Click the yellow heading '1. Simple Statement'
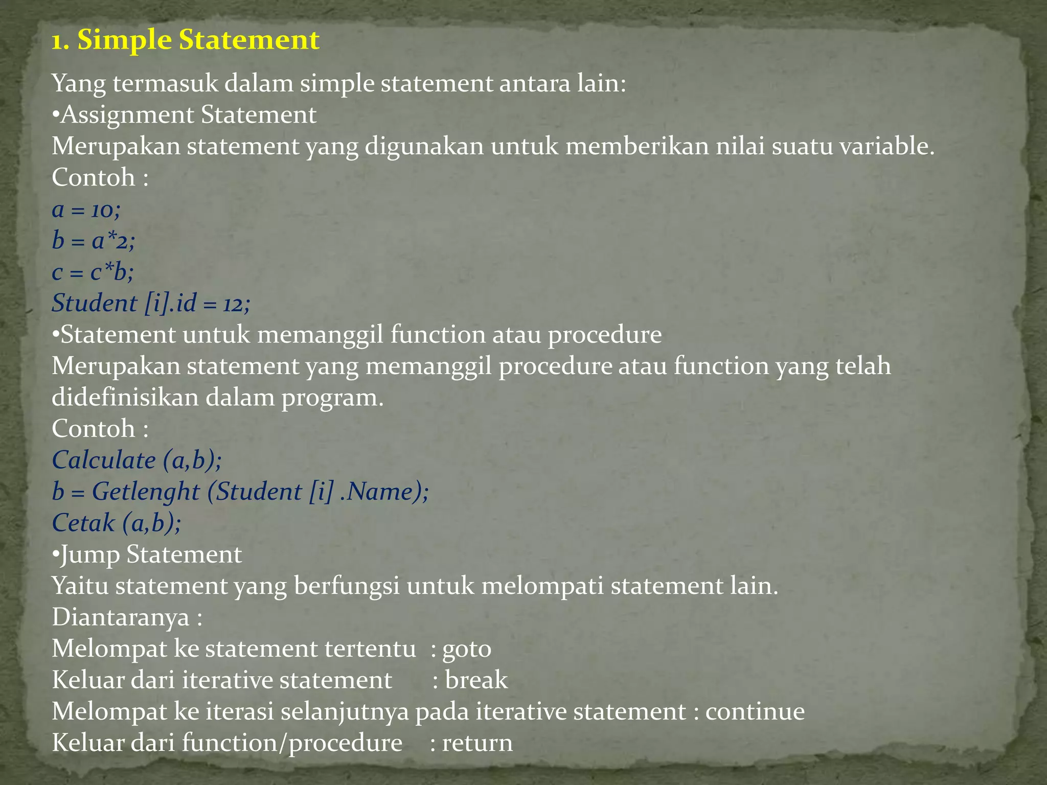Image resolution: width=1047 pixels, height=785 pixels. (185, 40)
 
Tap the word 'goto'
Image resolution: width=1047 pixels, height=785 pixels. (466, 649)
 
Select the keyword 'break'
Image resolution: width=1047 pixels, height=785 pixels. (476, 680)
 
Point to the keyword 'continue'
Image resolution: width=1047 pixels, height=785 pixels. (755, 711)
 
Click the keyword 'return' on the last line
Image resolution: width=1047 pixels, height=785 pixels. (477, 743)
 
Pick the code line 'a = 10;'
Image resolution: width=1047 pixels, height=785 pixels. (86, 210)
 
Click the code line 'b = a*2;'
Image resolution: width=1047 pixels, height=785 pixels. (94, 241)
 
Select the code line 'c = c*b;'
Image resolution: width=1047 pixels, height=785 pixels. (93, 272)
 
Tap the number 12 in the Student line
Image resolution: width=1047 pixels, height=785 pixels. (233, 305)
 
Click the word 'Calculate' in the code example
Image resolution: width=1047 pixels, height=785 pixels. (104, 460)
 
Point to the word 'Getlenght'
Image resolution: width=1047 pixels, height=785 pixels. (146, 492)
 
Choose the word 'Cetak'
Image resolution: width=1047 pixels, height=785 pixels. (83, 523)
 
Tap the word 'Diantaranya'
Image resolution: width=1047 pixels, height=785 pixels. (121, 617)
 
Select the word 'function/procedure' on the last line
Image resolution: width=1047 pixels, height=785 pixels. (292, 743)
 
